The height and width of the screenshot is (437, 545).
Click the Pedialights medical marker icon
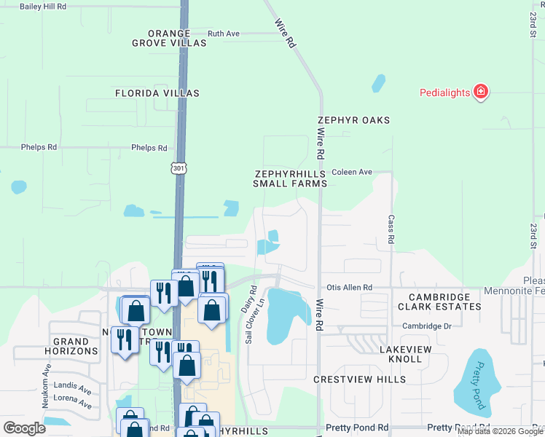[x=480, y=92]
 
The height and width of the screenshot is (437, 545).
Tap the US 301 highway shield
[x=179, y=168]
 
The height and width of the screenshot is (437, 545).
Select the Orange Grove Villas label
[x=168, y=39]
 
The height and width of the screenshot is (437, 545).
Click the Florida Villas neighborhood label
[x=157, y=93]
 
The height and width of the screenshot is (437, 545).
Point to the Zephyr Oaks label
[x=353, y=120]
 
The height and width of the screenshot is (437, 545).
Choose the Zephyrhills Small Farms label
[x=289, y=179]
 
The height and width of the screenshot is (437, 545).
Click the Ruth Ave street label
[x=223, y=34]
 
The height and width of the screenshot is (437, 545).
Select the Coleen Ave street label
[x=352, y=173]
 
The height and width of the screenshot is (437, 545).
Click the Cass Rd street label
[x=391, y=229]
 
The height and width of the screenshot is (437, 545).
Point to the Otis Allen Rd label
[x=349, y=288]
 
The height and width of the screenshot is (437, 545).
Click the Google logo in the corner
[x=24, y=428]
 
